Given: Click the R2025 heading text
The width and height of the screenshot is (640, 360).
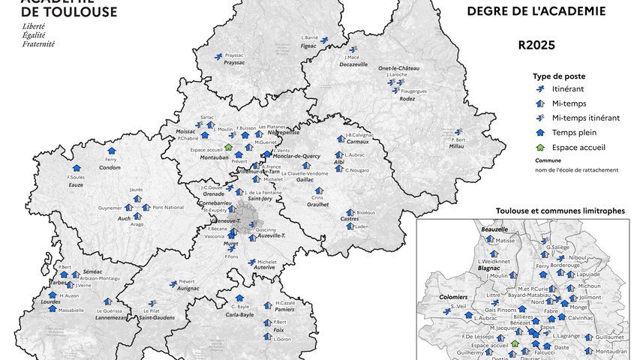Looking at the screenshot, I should pyautogui.click(x=536, y=45).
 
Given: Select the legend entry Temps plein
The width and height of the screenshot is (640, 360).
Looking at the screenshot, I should pyautogui.click(x=571, y=132).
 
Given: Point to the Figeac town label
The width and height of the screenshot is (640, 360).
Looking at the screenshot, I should pyautogui.click(x=309, y=46).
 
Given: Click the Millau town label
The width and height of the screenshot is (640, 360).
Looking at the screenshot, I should pyautogui.click(x=457, y=146).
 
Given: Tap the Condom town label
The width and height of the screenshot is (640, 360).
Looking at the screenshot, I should pyautogui.click(x=110, y=167).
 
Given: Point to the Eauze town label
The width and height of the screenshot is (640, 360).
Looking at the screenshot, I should pyautogui.click(x=76, y=184).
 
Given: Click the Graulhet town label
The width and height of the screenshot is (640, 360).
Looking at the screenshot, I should pyautogui.click(x=319, y=204).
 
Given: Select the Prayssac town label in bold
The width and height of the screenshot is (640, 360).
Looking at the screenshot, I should pyautogui.click(x=235, y=63).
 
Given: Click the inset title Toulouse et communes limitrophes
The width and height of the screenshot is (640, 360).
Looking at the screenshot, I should pyautogui.click(x=560, y=211).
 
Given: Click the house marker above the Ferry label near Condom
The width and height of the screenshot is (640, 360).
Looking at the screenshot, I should pyautogui.click(x=112, y=151).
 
